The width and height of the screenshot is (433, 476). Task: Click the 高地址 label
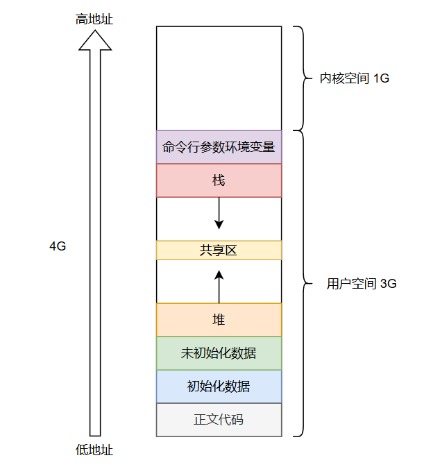[94, 19]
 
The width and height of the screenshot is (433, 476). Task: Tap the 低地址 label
[94, 450]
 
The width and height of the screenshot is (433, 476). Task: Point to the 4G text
[58, 246]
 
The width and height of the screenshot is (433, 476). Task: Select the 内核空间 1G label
[355, 78]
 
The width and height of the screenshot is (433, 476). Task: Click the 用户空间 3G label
[362, 284]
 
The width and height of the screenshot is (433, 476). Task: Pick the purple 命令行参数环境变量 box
[219, 147]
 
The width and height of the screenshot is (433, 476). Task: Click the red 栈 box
[219, 180]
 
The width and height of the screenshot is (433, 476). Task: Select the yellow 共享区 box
[219, 250]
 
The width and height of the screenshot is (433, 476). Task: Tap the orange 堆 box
[219, 320]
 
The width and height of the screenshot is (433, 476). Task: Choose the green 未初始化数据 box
[219, 353]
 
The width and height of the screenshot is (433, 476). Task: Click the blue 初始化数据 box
[219, 386]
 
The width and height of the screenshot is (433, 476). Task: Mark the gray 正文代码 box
[219, 420]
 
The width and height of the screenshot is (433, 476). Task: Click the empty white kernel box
[219, 78]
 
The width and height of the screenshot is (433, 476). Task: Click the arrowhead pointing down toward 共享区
[219, 224]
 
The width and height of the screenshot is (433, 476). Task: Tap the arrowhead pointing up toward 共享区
[219, 275]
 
